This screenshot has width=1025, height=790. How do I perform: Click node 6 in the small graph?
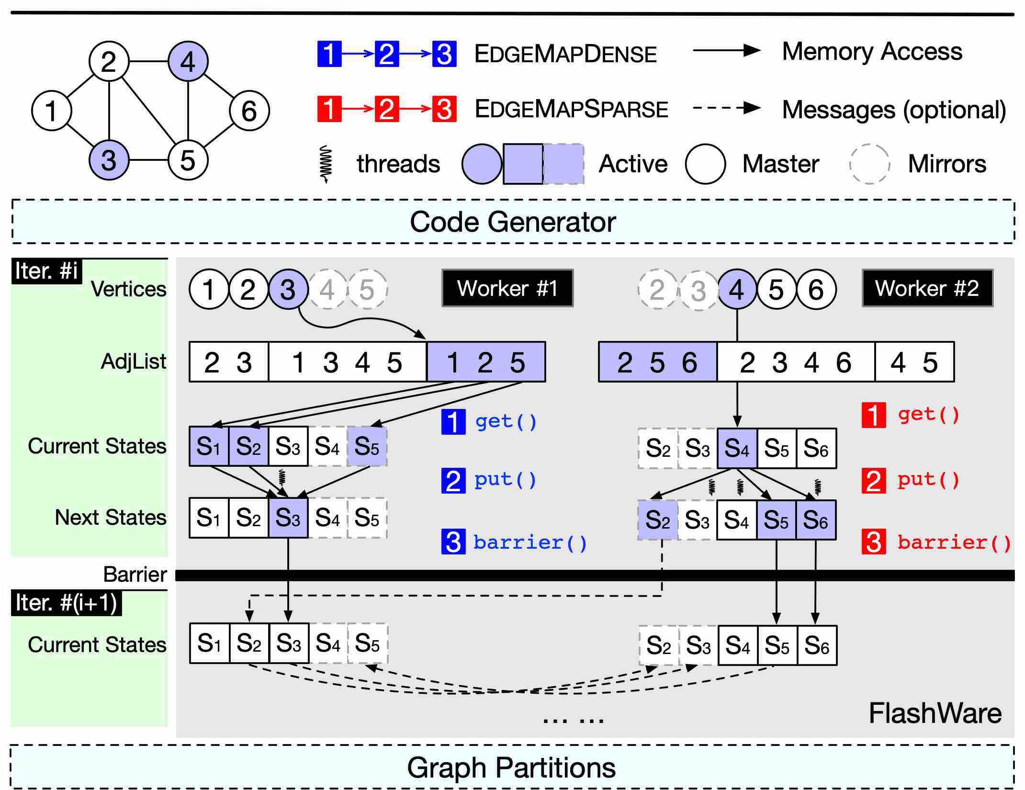(x=249, y=111)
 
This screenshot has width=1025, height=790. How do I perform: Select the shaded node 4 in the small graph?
(x=188, y=61)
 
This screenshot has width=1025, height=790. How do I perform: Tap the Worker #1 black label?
(x=507, y=288)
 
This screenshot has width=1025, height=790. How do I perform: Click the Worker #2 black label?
(x=927, y=288)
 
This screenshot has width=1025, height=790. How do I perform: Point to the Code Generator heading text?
(x=513, y=222)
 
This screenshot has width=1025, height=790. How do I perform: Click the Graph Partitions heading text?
(x=511, y=767)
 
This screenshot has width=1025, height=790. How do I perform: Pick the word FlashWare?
(x=935, y=713)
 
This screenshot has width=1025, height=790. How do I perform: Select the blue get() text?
(x=506, y=421)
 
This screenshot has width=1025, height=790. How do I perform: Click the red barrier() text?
(x=954, y=542)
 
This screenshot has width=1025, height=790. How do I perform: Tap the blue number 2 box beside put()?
(x=453, y=481)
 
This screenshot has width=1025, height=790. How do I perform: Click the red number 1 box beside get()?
(x=874, y=415)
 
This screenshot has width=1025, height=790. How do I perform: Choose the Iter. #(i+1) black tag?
(x=67, y=603)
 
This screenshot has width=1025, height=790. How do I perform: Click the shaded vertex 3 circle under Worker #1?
(x=288, y=289)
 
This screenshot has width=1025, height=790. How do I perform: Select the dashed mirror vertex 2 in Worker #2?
(x=657, y=289)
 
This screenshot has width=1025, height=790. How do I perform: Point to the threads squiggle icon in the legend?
(x=327, y=164)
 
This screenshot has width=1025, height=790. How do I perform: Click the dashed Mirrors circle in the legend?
(x=869, y=164)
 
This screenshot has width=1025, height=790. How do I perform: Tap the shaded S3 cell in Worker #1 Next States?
(x=288, y=518)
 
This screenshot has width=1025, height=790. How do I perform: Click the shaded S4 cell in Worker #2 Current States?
(x=737, y=448)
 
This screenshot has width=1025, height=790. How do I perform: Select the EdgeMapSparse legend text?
(x=571, y=109)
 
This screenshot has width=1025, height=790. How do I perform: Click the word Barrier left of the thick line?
(x=135, y=574)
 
